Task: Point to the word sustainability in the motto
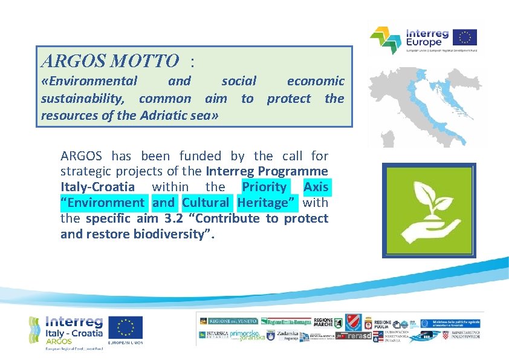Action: [x=85, y=99]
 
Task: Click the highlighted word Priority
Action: [x=264, y=187]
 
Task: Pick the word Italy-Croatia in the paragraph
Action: [x=97, y=187]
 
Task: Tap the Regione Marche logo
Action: [x=323, y=321]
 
